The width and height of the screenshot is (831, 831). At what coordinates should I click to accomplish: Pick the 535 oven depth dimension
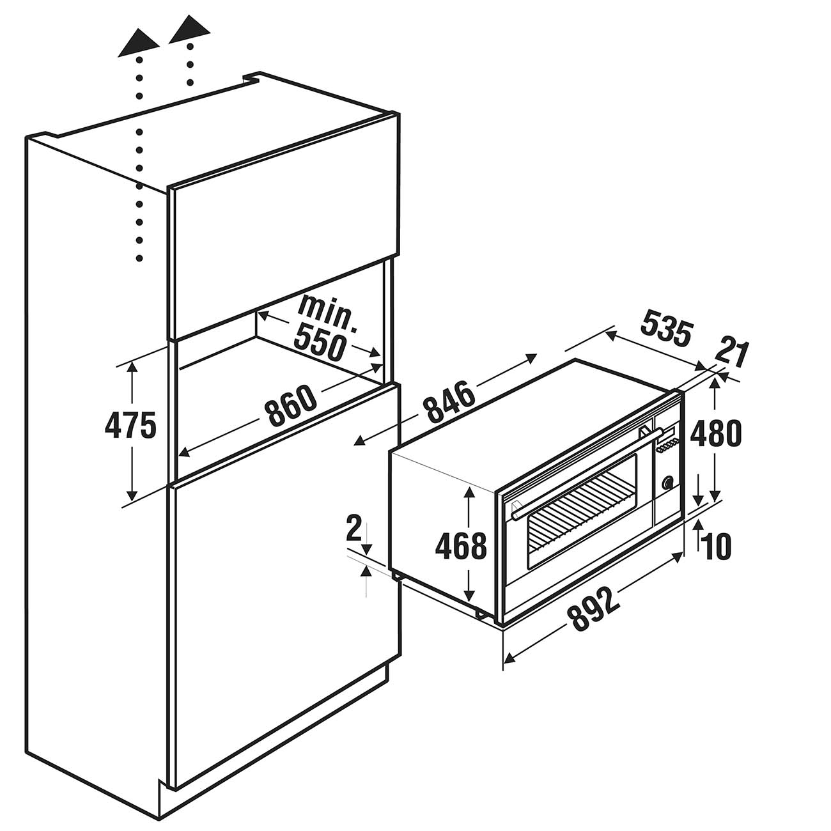pyautogui.click(x=666, y=327)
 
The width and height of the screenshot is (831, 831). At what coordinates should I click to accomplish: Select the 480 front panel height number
pyautogui.click(x=715, y=433)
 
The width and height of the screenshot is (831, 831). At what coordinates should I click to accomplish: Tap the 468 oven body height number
pyautogui.click(x=461, y=546)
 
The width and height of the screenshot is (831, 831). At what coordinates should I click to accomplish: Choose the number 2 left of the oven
pyautogui.click(x=353, y=529)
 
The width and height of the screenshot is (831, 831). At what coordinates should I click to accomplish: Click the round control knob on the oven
pyautogui.click(x=668, y=483)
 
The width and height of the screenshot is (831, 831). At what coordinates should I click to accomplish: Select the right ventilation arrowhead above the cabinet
pyautogui.click(x=189, y=29)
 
